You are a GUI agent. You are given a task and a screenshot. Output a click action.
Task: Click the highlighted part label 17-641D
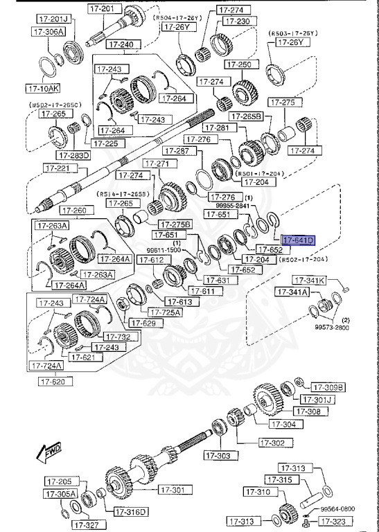(x=298, y=240)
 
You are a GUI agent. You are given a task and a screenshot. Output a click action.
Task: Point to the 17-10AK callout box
(x=43, y=89)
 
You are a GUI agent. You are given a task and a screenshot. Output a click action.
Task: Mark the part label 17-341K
(x=308, y=281)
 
